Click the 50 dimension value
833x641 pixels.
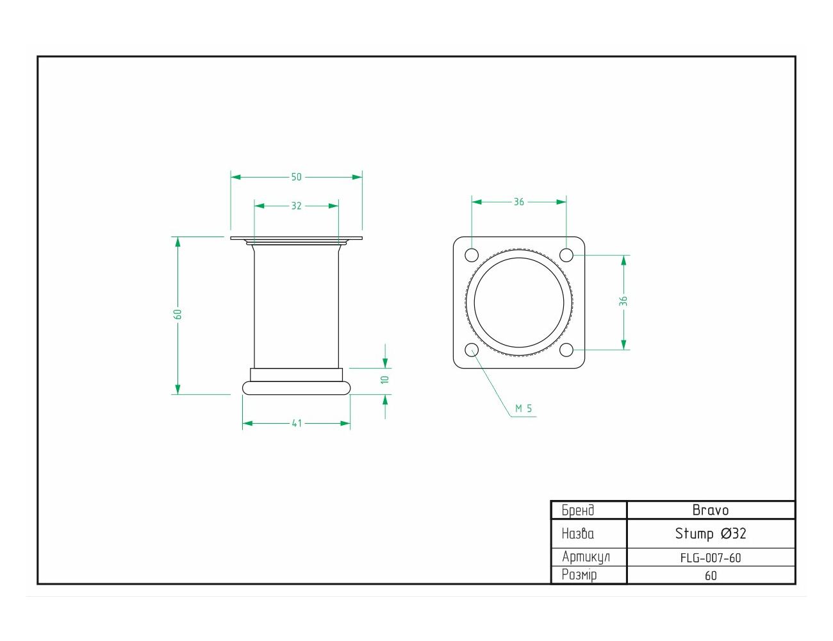pos(296,177)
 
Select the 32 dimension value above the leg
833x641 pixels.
pos(296,206)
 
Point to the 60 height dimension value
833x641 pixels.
pos(177,314)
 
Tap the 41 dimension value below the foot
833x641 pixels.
pos(297,423)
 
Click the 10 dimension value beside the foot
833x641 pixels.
pos(385,379)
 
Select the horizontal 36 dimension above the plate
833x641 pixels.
pos(518,202)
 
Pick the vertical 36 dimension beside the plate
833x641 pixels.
pos(623,301)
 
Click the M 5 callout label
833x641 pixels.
pos(524,409)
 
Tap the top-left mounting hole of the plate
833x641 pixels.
pos(472,255)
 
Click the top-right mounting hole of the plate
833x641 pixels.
pos(566,255)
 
